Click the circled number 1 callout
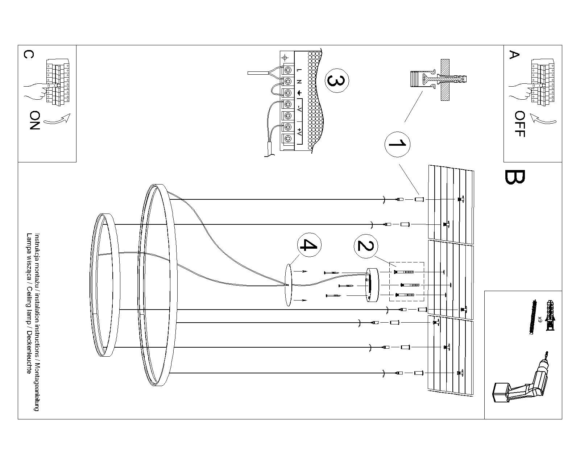(x=397, y=144)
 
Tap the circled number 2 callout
(x=365, y=246)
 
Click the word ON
(x=35, y=121)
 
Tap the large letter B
(x=514, y=177)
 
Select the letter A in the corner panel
(x=514, y=55)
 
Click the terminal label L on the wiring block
(x=299, y=70)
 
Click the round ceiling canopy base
(x=373, y=285)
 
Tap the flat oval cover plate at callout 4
(x=288, y=285)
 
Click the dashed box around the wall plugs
(x=406, y=281)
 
